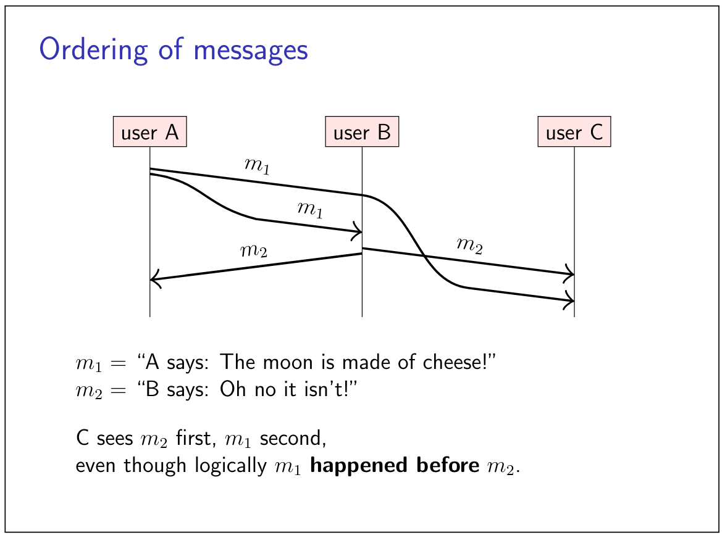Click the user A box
[150, 131]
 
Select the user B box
[362, 131]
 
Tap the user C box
[574, 131]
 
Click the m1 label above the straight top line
[257, 165]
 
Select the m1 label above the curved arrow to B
[310, 209]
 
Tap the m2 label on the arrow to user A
[254, 250]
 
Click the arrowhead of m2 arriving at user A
[154, 279]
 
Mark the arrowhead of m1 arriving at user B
[358, 231]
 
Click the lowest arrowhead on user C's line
[569, 301]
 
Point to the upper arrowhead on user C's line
[569, 275]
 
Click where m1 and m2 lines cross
[423, 255]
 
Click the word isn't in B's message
[319, 389]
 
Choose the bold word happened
[358, 465]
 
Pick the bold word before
[448, 465]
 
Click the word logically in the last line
[230, 466]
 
